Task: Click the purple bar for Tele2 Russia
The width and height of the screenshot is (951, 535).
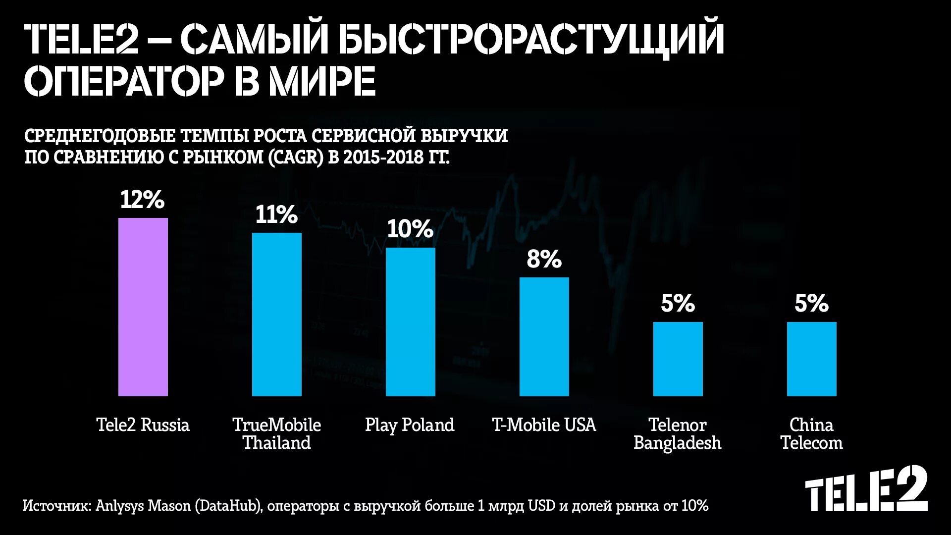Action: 143,307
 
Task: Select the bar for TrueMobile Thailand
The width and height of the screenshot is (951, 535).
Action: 276,315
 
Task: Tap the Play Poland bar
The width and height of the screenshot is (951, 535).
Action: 410,322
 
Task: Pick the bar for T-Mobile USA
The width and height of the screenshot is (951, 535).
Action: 544,337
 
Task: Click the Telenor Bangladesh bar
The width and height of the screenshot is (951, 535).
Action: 678,359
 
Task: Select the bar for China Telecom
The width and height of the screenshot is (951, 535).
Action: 811,359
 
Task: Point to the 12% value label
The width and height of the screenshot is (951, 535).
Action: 142,200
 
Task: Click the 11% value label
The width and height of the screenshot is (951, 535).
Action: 276,214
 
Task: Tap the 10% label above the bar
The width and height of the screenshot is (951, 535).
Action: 410,229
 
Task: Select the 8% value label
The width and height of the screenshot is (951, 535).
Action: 544,259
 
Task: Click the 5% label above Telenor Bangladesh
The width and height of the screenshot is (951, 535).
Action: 678,303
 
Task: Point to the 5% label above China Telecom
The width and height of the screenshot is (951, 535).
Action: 811,303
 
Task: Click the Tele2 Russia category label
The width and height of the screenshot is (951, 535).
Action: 143,425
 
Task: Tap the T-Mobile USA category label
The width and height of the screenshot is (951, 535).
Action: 544,425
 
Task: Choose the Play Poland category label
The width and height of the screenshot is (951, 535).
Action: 410,425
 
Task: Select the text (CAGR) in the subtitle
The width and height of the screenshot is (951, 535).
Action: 296,157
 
